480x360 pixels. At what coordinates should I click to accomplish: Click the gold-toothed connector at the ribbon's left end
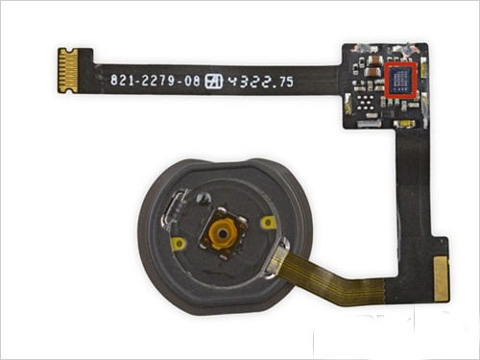(x=67, y=71)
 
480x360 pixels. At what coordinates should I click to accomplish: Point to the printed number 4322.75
(x=258, y=83)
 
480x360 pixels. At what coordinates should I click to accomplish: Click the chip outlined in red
(x=399, y=80)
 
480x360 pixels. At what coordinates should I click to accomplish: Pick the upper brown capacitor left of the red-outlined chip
(x=370, y=68)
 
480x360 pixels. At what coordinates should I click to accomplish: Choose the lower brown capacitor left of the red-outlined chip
(x=371, y=87)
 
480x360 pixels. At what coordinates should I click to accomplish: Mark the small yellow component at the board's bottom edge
(x=406, y=123)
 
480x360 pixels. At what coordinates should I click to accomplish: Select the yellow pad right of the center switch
(x=269, y=223)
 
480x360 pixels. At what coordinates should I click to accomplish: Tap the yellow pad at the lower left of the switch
(x=179, y=244)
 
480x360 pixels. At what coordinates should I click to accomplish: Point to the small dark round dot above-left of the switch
(x=202, y=198)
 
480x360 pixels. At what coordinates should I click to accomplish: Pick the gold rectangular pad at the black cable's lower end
(x=441, y=278)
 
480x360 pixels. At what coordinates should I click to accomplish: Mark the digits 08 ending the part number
(x=192, y=83)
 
